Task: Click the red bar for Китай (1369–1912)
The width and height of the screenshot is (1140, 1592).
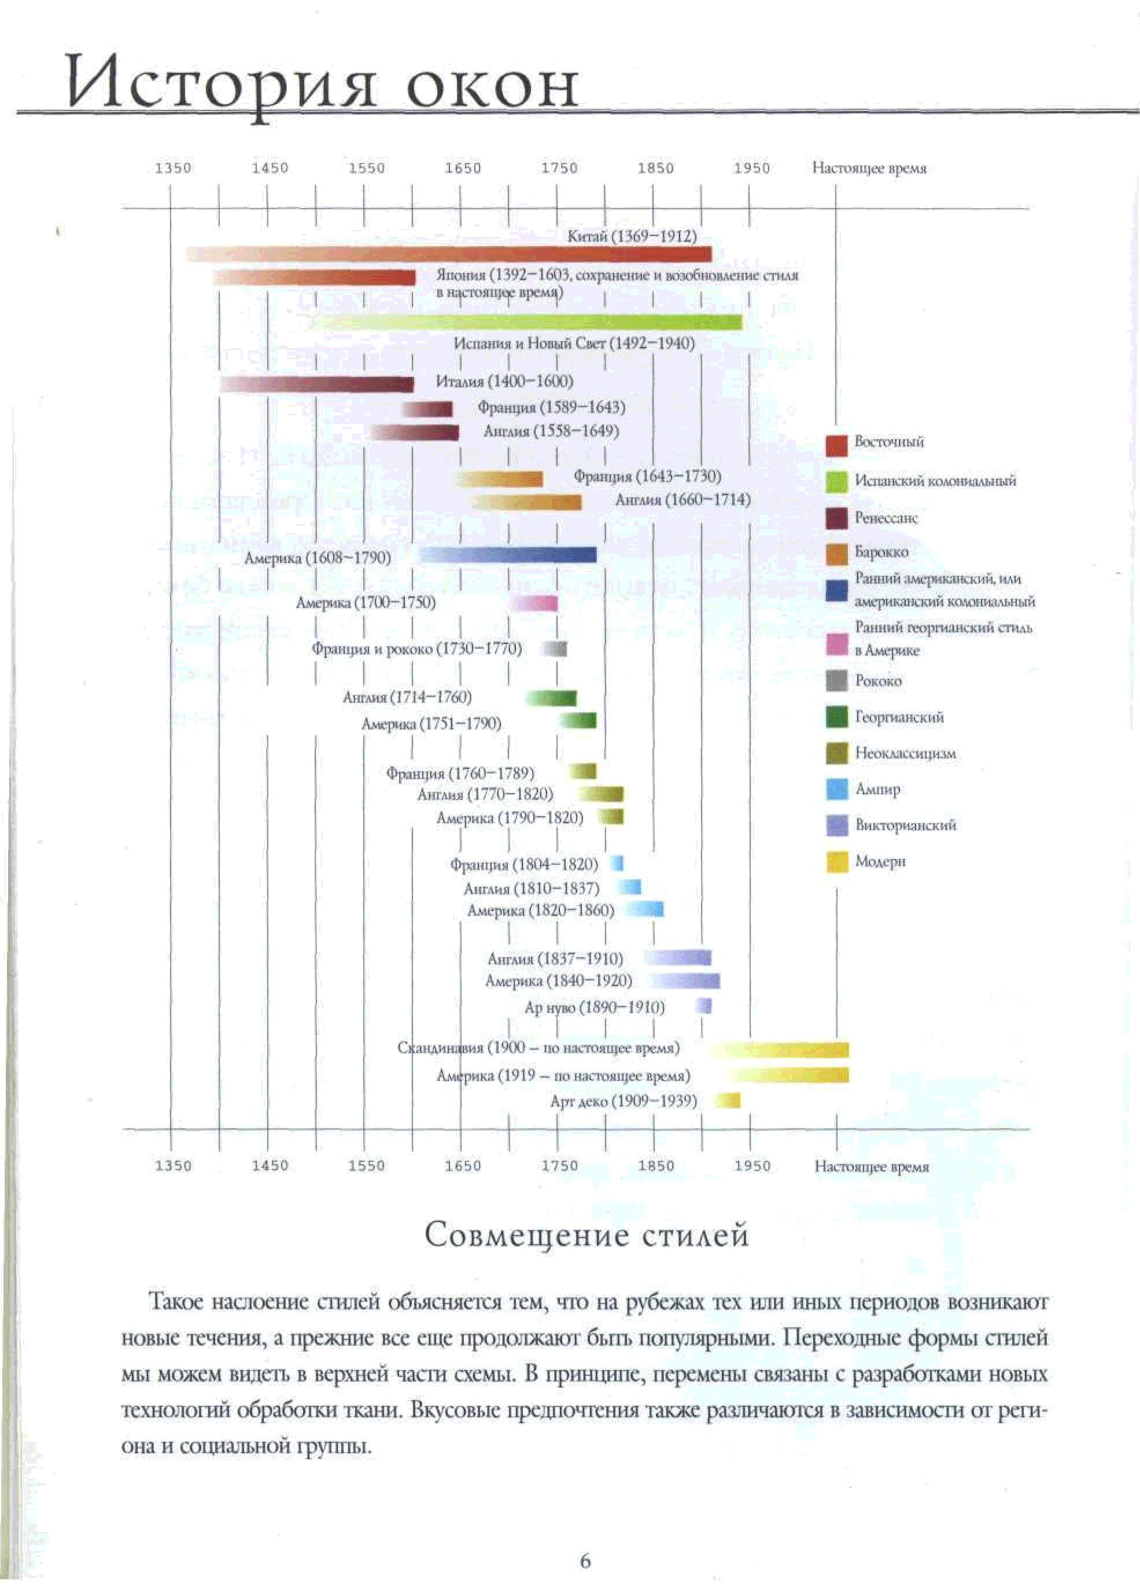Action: point(449,254)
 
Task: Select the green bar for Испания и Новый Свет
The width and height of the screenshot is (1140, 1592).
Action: point(526,322)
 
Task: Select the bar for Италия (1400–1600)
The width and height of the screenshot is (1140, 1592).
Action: point(316,384)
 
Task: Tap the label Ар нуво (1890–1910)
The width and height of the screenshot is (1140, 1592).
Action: point(594,1007)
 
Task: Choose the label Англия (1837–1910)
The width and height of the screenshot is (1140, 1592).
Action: point(555,958)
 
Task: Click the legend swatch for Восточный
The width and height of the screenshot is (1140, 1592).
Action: point(836,446)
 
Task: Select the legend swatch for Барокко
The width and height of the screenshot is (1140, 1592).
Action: point(836,554)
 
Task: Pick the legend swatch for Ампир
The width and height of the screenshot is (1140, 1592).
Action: point(836,789)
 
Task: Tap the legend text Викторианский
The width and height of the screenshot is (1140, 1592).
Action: point(905,825)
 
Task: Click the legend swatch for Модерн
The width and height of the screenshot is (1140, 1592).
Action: point(836,861)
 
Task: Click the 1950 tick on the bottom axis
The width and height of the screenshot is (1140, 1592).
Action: point(752,1165)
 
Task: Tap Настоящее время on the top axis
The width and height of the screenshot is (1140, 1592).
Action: point(869,168)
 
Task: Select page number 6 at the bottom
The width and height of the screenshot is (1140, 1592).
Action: point(585,1560)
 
